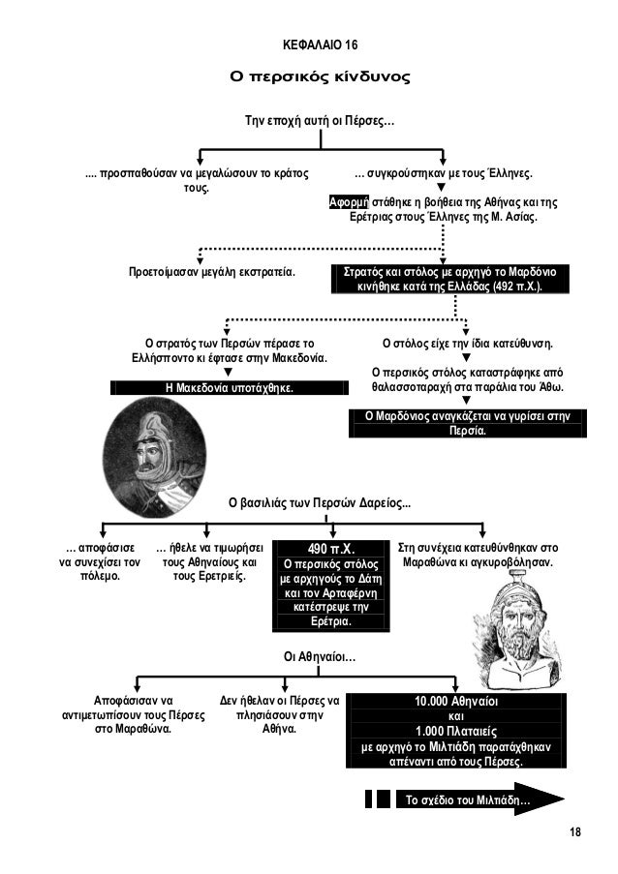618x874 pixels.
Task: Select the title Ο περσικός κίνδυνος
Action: click(x=319, y=75)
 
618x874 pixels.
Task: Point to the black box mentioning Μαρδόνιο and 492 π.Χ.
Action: click(x=456, y=279)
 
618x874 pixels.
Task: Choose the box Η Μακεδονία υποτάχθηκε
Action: click(x=230, y=388)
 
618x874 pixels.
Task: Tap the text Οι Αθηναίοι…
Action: click(x=320, y=658)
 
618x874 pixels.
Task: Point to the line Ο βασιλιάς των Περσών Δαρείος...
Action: click(x=319, y=503)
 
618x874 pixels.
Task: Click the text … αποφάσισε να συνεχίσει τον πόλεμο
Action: click(x=100, y=560)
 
